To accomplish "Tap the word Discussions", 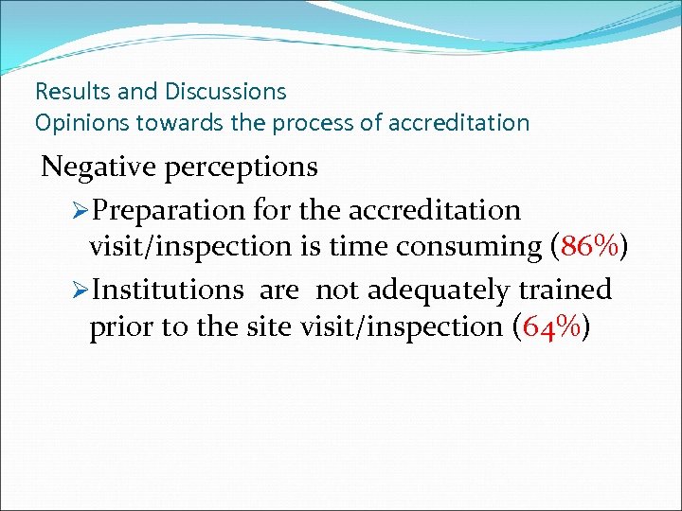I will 225,92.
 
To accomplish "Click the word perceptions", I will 241,168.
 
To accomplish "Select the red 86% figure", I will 591,246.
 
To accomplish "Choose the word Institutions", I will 167,289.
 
